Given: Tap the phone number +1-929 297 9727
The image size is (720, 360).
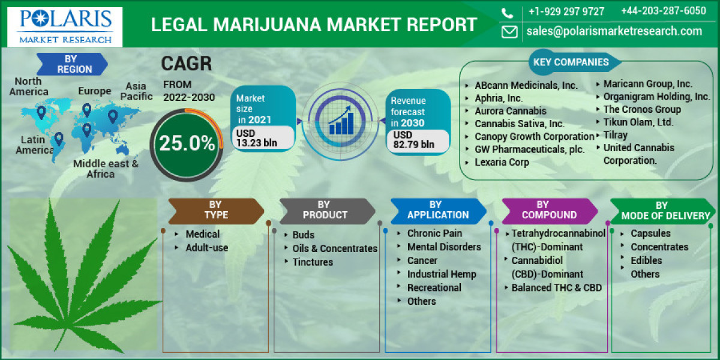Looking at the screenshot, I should point(566,11).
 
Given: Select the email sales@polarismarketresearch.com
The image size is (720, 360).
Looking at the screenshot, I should point(614,31).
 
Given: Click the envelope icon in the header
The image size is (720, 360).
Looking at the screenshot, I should point(509,32).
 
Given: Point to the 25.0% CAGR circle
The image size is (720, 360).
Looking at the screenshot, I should point(187,143).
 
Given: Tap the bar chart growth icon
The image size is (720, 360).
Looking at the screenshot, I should point(340,121).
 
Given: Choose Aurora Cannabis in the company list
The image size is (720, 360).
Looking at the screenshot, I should point(510,111).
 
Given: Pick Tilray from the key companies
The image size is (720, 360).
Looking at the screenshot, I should point(615,135).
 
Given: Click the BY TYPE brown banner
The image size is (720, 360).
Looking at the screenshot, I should point(215,210).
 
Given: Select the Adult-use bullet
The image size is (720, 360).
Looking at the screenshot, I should point(206,247).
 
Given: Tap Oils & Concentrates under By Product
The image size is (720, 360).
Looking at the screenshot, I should point(334,248).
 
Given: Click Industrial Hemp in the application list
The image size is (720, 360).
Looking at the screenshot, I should point(441,274).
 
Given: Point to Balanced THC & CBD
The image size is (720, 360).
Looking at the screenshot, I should point(556,287).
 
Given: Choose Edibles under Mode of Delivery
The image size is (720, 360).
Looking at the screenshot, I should point(646,260).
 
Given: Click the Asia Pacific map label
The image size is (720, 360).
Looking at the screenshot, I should point(136,91).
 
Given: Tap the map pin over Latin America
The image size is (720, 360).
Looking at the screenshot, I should point(59,139).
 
